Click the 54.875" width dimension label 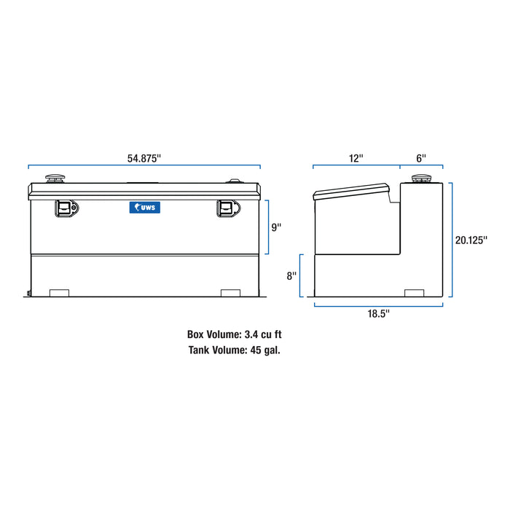point(144,157)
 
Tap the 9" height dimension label point(276,227)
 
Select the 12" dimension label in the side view point(356,157)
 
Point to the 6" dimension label point(421,157)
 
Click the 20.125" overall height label point(471,240)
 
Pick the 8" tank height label point(292,276)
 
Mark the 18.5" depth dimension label point(378,313)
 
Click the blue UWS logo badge point(144,208)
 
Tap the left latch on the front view point(66,208)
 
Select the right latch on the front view point(227,208)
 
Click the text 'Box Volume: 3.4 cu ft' point(233,335)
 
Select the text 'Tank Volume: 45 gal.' point(233,350)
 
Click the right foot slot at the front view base point(230,293)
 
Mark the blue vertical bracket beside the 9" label point(268,227)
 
